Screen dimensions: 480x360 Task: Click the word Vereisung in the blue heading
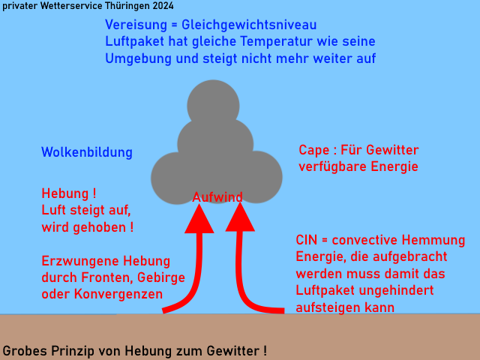136,25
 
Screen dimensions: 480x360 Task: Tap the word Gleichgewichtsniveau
249,25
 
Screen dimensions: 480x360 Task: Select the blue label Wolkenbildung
87,152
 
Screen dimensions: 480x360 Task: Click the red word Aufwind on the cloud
217,197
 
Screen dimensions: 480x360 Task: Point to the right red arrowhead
240,217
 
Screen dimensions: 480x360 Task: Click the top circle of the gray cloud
213,106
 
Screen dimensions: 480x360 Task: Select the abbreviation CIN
307,240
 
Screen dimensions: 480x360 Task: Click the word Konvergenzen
118,294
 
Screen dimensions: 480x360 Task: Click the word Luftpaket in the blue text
133,42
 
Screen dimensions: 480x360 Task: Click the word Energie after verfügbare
394,166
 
